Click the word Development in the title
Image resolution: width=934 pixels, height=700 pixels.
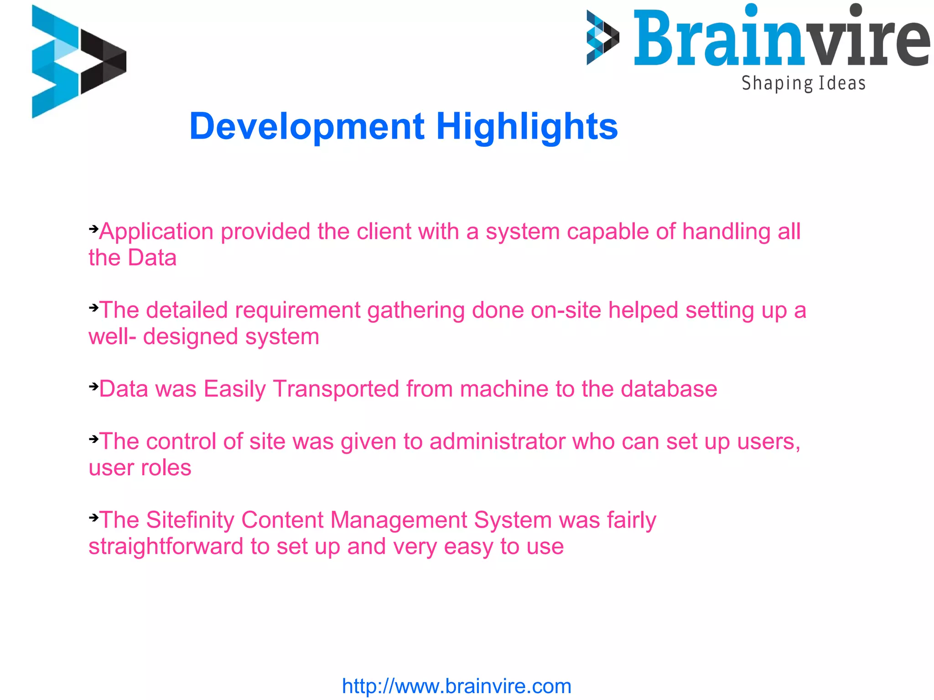pyautogui.click(x=307, y=126)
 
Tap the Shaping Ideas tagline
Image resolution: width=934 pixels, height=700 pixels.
pyautogui.click(x=803, y=83)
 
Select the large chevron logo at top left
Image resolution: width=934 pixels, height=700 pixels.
pyautogui.click(x=78, y=62)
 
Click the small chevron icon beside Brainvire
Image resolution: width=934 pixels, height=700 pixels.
pyautogui.click(x=602, y=37)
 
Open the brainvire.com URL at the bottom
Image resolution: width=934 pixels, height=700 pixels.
pyautogui.click(x=457, y=686)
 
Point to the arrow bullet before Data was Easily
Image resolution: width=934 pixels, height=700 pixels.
pyautogui.click(x=93, y=387)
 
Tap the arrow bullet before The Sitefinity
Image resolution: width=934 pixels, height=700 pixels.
pyautogui.click(x=93, y=518)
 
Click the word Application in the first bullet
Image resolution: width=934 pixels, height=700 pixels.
pyautogui.click(x=156, y=232)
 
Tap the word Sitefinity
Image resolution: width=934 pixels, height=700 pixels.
pyautogui.click(x=190, y=520)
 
